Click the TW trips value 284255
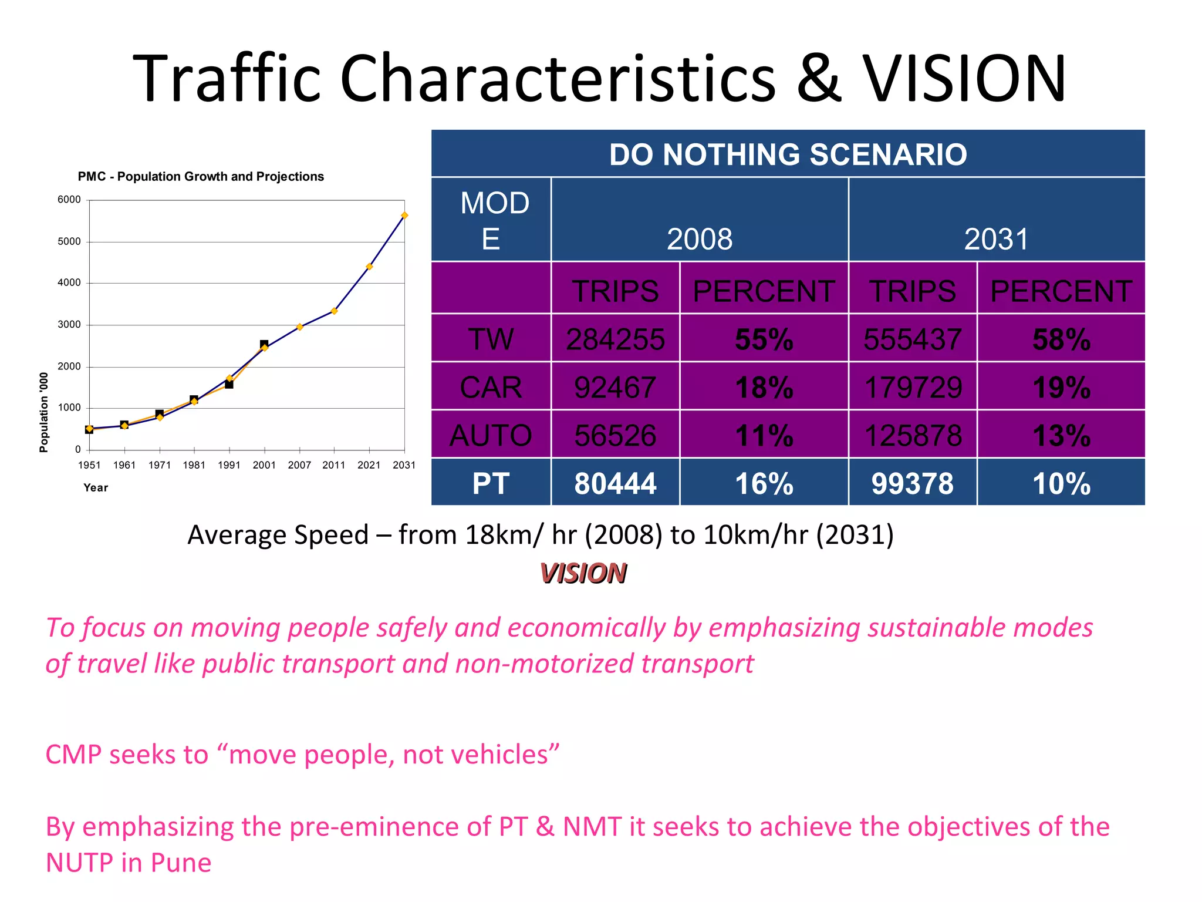(x=615, y=339)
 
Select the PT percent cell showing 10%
(x=1061, y=484)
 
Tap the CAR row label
(x=491, y=388)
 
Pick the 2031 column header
(x=996, y=239)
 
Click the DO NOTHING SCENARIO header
(x=788, y=154)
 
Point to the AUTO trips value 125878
(x=913, y=436)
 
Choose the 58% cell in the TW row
(x=1061, y=339)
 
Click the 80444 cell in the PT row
(x=615, y=484)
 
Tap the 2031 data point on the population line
(x=404, y=216)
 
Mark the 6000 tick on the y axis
(x=69, y=200)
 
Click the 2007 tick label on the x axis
(x=299, y=465)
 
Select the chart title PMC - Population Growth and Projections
(x=201, y=177)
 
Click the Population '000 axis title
(x=44, y=412)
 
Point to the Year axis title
(x=96, y=487)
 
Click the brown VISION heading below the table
(x=583, y=573)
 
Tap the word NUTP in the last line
(x=79, y=863)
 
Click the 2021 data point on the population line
(x=369, y=267)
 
